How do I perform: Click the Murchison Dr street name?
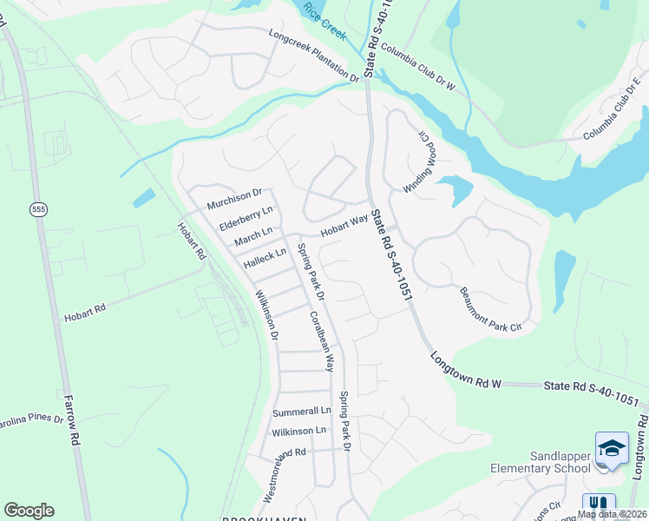[x=233, y=199]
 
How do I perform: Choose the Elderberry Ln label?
[x=246, y=217]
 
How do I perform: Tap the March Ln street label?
[x=253, y=235]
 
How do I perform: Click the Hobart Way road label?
[x=344, y=227]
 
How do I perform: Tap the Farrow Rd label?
[x=72, y=419]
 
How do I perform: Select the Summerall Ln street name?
[x=302, y=411]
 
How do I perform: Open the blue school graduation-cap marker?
[x=612, y=449]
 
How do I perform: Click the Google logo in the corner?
[x=29, y=510]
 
